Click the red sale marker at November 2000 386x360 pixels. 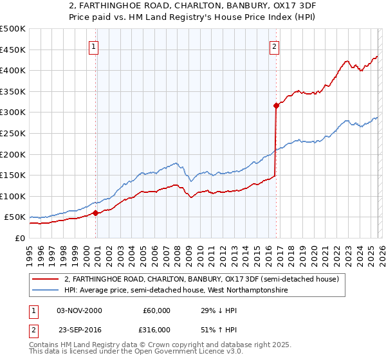(96, 213)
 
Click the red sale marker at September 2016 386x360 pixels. (276, 105)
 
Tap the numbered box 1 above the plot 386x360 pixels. (94, 46)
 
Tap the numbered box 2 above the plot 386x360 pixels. (274, 46)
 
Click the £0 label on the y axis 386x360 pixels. (19, 238)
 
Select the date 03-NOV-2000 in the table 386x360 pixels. (79, 310)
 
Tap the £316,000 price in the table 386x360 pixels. (156, 328)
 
